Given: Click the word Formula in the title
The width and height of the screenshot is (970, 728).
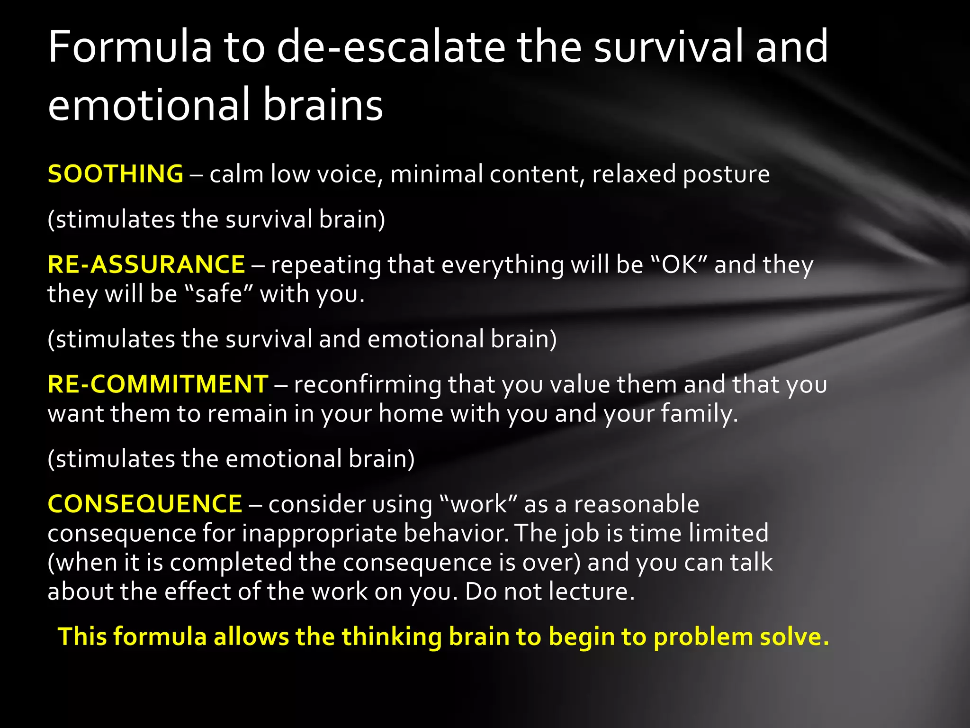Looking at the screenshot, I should tap(130, 46).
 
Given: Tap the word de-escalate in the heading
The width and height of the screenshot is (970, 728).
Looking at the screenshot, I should tap(391, 46).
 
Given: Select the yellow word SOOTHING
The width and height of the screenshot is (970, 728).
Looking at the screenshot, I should tap(116, 173).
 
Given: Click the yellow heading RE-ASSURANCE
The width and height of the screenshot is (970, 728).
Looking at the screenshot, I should tap(146, 264).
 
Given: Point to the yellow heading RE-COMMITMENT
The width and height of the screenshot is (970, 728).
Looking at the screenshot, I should tap(158, 384).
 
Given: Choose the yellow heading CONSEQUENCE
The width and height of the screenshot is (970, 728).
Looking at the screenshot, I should tap(145, 503).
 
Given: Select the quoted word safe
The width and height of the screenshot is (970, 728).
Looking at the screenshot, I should tap(219, 294).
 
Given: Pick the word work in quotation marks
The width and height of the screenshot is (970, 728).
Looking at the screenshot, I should tap(478, 504).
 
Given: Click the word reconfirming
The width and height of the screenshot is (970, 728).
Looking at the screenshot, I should tap(368, 384).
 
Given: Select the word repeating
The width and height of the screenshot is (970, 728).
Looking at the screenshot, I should tap(326, 265).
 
